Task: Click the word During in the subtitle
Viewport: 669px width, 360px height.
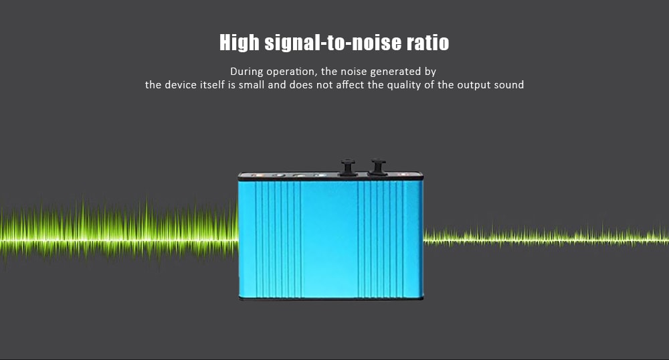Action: pos(245,71)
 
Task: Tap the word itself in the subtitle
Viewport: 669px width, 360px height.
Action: pos(214,85)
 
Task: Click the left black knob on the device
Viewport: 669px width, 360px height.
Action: pos(347,167)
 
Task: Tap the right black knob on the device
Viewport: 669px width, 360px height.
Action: pos(378,167)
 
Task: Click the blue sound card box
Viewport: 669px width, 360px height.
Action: pos(331,238)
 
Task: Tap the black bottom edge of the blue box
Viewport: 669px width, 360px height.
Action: pos(331,299)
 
